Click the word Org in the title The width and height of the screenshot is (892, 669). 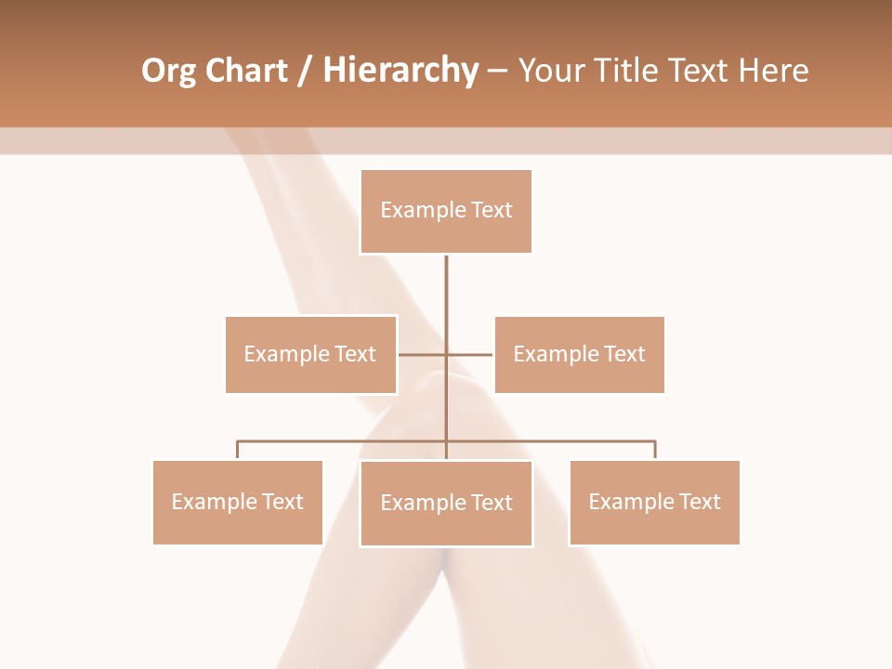tap(168, 71)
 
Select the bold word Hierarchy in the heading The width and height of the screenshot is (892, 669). tap(400, 71)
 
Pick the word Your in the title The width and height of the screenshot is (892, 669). tap(549, 71)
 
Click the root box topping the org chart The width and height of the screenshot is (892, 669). tap(446, 211)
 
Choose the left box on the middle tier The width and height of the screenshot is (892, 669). tap(310, 354)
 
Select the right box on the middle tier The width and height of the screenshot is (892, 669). tap(579, 354)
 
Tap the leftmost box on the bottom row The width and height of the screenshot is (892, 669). tap(237, 502)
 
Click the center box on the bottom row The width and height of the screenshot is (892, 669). tap(446, 503)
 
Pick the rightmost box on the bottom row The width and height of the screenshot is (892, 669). tap(654, 502)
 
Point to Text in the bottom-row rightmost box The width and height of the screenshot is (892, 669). tap(700, 502)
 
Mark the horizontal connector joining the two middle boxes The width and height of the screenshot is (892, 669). tap(469, 354)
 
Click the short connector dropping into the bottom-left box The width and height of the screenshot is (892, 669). tap(237, 450)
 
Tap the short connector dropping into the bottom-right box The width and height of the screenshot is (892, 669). tap(655, 450)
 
